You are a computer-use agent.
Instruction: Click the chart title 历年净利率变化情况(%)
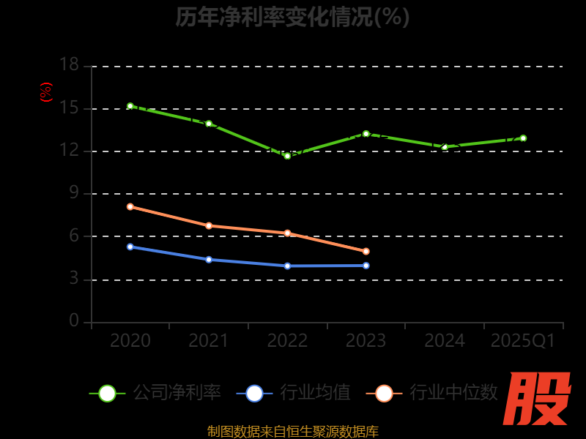[x=293, y=17]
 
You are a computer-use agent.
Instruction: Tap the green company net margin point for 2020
[x=130, y=106]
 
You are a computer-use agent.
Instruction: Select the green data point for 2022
[x=287, y=156]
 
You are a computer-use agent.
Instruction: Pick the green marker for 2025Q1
[x=523, y=138]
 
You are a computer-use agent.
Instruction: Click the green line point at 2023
[x=366, y=134]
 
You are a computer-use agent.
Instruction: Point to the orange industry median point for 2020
[x=130, y=206]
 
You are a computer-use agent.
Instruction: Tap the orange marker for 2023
[x=366, y=251]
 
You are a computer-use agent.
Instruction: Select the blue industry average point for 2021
[x=209, y=260]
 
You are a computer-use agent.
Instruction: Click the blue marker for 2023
[x=366, y=266]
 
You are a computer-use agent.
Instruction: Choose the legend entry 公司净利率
[x=156, y=393]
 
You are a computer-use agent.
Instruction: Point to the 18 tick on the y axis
[x=69, y=65]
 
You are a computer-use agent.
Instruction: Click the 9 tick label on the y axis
[x=73, y=193]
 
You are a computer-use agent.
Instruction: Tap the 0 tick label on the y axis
[x=73, y=320]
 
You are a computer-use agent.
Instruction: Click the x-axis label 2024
[x=445, y=341]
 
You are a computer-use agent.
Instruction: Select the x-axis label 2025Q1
[x=523, y=341]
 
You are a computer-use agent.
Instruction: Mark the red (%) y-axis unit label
[x=46, y=92]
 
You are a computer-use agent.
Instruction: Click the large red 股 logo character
[x=538, y=399]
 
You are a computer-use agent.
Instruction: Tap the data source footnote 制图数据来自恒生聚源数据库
[x=293, y=431]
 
